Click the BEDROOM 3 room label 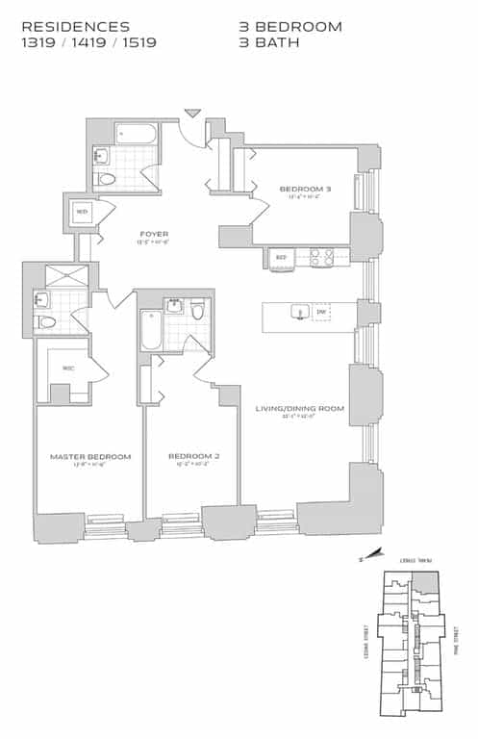[305, 189]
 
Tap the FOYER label [155, 234]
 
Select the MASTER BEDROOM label [89, 456]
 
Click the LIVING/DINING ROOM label [299, 409]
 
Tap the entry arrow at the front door [192, 114]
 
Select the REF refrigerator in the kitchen [282, 258]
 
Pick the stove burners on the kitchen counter [320, 257]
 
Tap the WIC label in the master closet [68, 368]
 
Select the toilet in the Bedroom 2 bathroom [197, 310]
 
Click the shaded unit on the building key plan [425, 581]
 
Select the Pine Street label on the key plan [457, 642]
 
